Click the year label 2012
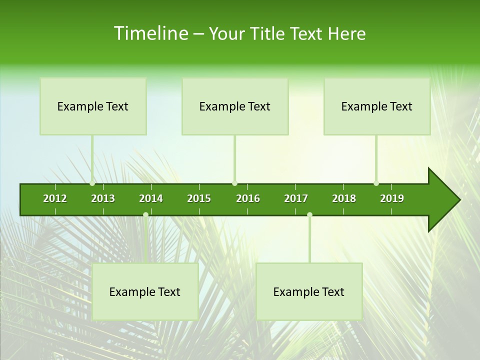pos(55,198)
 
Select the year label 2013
pos(103,198)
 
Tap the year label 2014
pos(151,198)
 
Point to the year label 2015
pos(199,198)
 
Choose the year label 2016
pos(248,198)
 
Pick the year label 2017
pos(296,198)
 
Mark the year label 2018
pos(344,198)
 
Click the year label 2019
pos(392,198)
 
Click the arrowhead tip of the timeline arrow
pos(458,200)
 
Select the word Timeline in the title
pos(150,33)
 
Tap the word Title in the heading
pos(268,33)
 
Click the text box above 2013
pos(93,106)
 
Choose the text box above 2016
pos(235,106)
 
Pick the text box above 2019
pos(377,106)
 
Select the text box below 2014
pos(145,292)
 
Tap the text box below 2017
pos(309,292)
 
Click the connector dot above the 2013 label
pos(92,183)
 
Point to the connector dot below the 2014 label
pos(145,215)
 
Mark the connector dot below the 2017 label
pos(309,215)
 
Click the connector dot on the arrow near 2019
pos(376,183)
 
